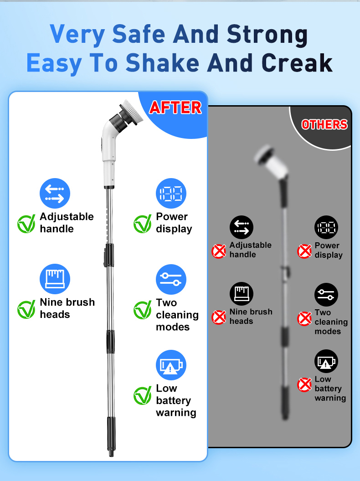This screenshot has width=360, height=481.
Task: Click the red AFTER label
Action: [x=175, y=107]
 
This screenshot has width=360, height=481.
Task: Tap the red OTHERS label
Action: [x=324, y=124]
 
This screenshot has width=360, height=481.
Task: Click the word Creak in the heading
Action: [x=297, y=63]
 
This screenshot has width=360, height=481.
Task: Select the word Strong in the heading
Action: [x=267, y=34]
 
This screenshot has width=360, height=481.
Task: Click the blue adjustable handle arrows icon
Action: [x=55, y=193]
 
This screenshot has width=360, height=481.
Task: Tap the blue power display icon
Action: [x=171, y=193]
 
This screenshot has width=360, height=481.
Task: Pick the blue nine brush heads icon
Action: [x=55, y=279]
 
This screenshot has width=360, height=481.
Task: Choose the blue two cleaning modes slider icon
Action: [x=171, y=279]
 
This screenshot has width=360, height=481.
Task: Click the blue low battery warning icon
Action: [x=171, y=365]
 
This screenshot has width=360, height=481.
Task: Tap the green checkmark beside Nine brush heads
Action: [x=26, y=309]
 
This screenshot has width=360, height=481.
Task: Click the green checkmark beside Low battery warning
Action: [x=142, y=396]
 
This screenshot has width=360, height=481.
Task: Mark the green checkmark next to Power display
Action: [x=142, y=224]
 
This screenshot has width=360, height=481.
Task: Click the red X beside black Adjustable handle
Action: [x=219, y=251]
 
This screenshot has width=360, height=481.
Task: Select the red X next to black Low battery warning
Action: [x=304, y=385]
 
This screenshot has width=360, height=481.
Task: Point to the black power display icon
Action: [x=326, y=227]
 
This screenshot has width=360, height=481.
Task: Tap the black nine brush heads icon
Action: [x=242, y=294]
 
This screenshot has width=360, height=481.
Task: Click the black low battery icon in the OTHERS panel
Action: [x=326, y=361]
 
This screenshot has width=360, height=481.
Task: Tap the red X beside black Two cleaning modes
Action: [x=304, y=319]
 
